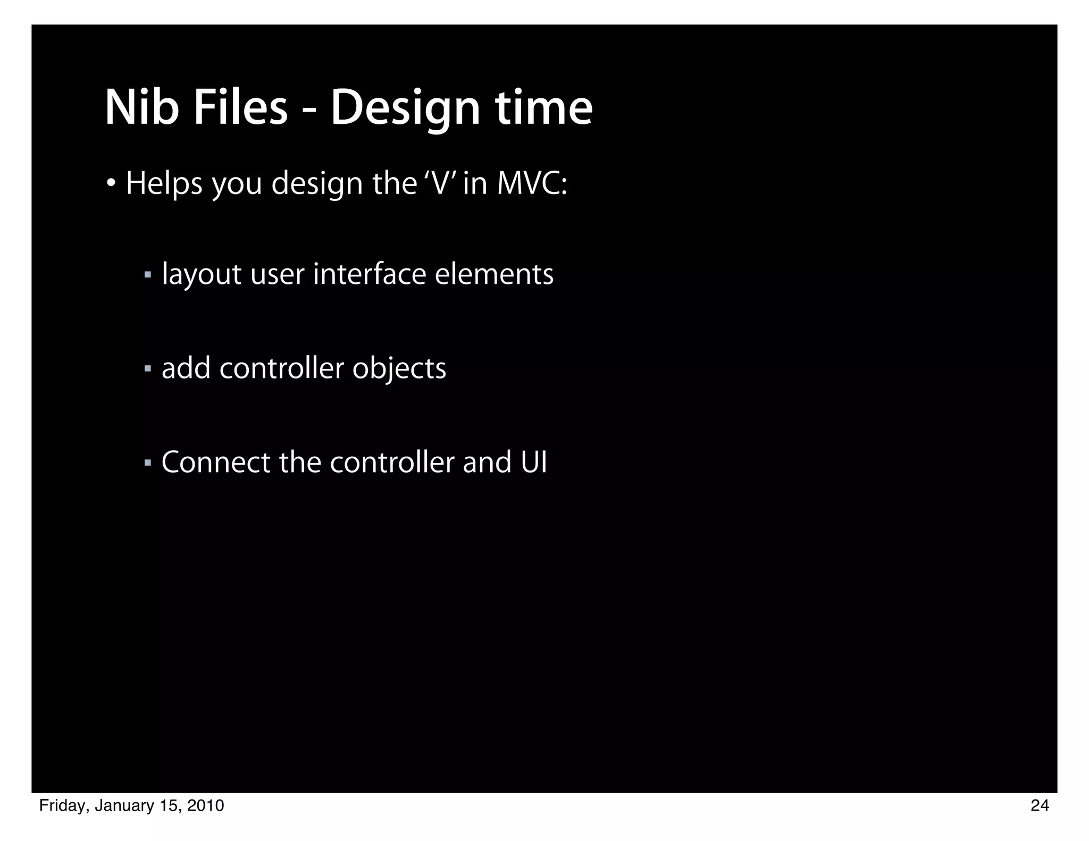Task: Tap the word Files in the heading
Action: pos(240,108)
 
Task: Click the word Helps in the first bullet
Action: pos(164,184)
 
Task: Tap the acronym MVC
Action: pos(532,183)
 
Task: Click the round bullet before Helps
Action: pos(111,184)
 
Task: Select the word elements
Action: pos(494,274)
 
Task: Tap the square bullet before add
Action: pos(148,368)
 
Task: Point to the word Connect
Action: pos(216,462)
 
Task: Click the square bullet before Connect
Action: pos(148,462)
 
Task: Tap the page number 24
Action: pos(1040,806)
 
